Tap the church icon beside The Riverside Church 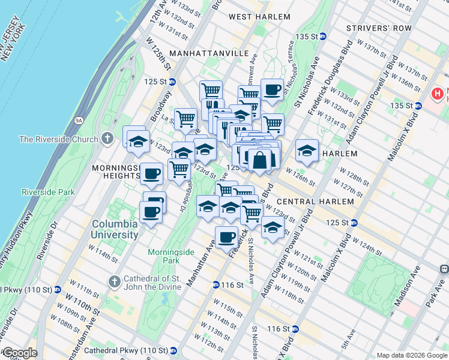pos(107,139)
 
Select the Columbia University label pos(114,229)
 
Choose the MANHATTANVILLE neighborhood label pos(209,53)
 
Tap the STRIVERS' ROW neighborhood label pos(379,28)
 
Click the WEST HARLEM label pos(259,17)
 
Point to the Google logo pos(19,353)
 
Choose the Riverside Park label pos(47,193)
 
